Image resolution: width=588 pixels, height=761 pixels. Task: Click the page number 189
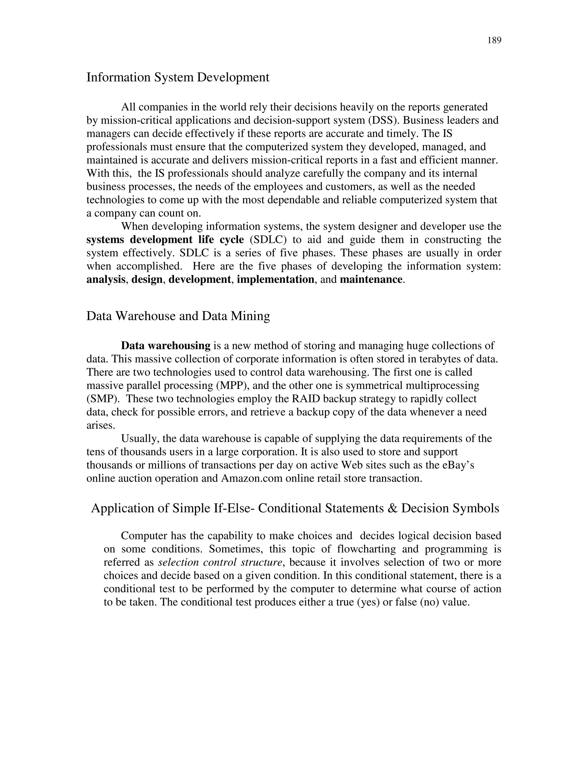(x=494, y=41)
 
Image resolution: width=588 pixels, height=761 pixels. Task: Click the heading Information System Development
(x=178, y=77)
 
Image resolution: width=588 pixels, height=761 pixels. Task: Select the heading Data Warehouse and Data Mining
(x=178, y=316)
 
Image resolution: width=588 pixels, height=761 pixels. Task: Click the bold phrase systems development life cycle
(x=165, y=240)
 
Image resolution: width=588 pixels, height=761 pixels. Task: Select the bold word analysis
(x=106, y=279)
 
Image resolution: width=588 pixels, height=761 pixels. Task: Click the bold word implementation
(x=275, y=279)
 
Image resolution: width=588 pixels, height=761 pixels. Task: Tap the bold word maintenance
(x=371, y=279)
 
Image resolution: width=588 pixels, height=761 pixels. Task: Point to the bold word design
(x=147, y=279)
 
